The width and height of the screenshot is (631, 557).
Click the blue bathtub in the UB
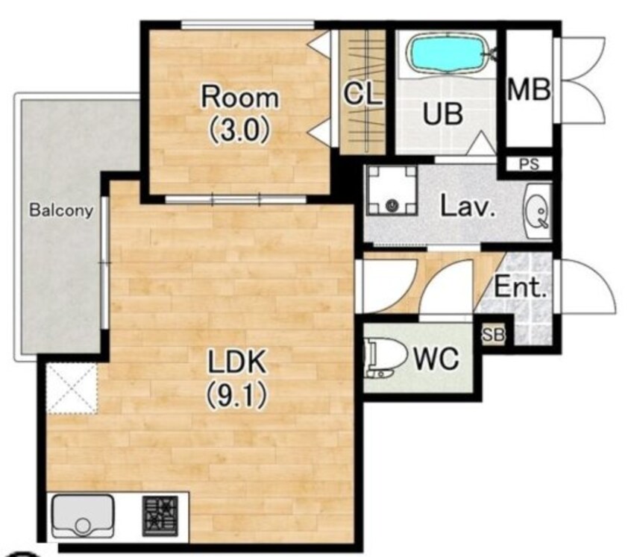pos(448,54)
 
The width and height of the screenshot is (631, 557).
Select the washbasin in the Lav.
pos(538,212)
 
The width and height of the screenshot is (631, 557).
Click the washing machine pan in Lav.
pos(392,190)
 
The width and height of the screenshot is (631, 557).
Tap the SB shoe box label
pos(493,335)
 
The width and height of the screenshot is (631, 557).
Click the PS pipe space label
pos(529,165)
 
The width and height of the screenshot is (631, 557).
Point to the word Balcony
pos(61,210)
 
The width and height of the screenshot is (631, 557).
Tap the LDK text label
pos(236,362)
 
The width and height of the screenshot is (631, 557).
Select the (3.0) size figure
pos(239,130)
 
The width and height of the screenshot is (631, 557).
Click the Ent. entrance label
pos(521,287)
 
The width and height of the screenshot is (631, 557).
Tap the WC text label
pos(436,358)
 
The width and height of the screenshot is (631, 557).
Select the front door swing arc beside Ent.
pos(598,274)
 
